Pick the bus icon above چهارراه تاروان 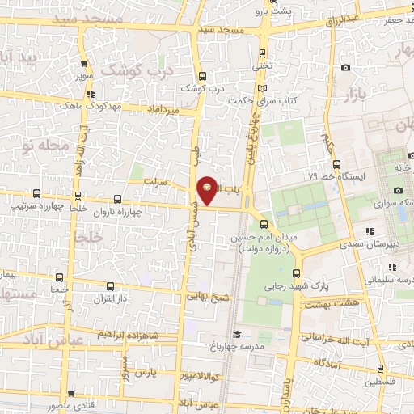click(117, 199)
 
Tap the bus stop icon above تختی click(261, 54)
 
